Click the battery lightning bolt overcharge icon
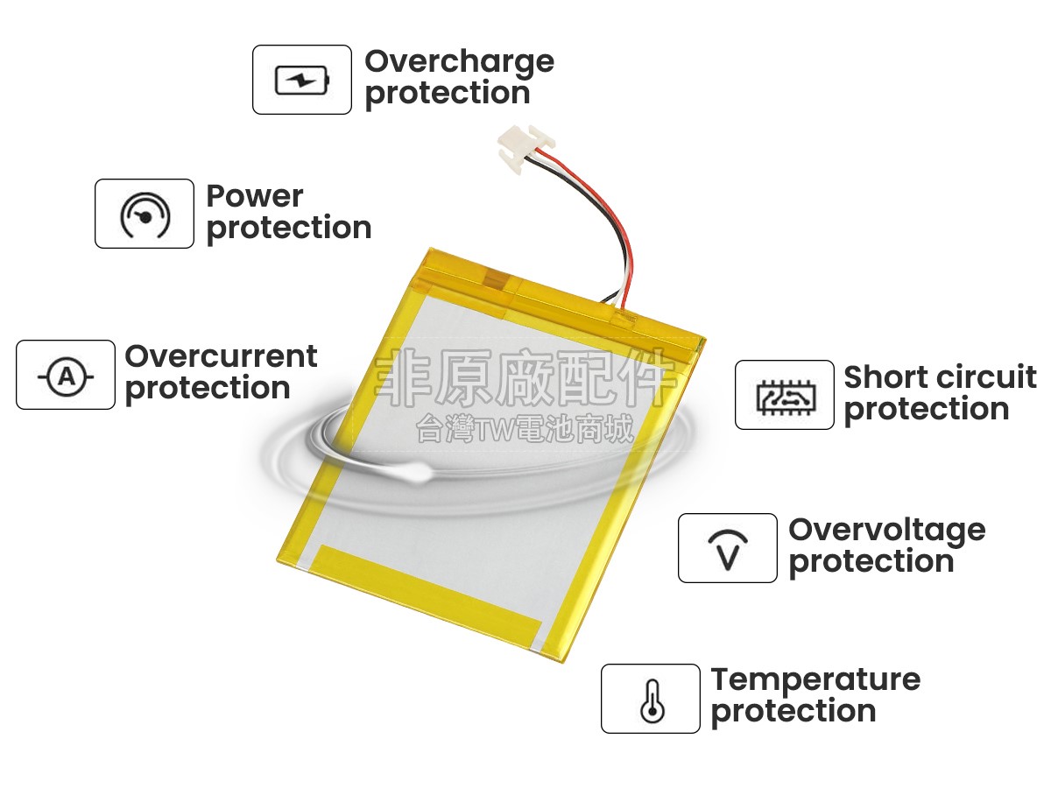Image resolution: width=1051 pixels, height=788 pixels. (301, 80)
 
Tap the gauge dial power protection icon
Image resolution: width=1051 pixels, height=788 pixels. (145, 215)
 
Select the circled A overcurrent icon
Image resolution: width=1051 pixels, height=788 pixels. (66, 376)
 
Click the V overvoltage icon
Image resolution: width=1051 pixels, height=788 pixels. (728, 550)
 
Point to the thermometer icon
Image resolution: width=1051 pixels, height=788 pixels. (652, 701)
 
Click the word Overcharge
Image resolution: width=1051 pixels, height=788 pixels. (459, 63)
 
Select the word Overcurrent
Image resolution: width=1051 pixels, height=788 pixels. (221, 356)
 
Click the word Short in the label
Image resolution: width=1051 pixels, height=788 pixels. (880, 377)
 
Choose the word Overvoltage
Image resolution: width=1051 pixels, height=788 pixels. (886, 532)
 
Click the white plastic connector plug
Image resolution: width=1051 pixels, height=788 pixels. (525, 147)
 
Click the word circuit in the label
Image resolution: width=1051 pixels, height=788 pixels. (981, 377)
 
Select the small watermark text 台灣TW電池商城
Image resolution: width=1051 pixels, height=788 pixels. (525, 429)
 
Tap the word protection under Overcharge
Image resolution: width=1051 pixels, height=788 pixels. (448, 94)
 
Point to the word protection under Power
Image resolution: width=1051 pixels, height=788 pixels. (289, 229)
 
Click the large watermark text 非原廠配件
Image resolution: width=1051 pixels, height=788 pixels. (525, 378)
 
